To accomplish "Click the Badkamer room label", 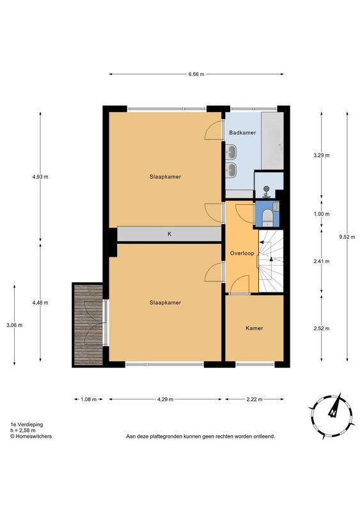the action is tap(242, 132).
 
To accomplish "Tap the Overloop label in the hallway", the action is tap(242, 253).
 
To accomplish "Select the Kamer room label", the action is tap(255, 328).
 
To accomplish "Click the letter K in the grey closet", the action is tap(169, 234).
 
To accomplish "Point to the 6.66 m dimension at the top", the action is tap(196, 74).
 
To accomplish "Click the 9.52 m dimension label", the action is tap(347, 237).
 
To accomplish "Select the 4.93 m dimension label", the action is tap(40, 177).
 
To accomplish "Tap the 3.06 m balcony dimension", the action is tap(14, 325).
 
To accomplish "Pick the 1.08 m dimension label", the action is tap(88, 399).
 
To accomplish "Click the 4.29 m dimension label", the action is tap(165, 399).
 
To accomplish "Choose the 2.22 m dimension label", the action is tap(255, 399).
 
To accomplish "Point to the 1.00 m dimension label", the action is tap(322, 214).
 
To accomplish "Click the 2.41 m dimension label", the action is tap(322, 261).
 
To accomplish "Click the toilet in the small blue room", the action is tap(267, 218).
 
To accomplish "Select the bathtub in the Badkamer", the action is tap(272, 141).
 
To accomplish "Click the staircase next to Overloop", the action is tap(271, 261).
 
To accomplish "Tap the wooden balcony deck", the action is tap(88, 325).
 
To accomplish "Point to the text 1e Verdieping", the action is tap(27, 424).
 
